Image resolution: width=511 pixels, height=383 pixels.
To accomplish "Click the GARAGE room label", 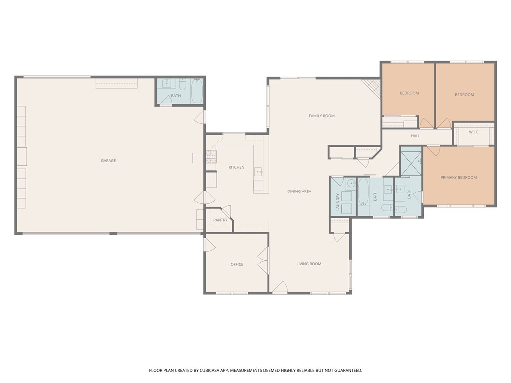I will point(108,161).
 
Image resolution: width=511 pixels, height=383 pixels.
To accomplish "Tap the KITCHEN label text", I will point(236,167).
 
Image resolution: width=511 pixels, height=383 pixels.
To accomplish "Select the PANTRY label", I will point(220,220).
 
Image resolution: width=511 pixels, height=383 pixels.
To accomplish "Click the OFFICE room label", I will point(237,264).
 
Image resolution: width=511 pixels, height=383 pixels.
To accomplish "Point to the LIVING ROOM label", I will point(309,264).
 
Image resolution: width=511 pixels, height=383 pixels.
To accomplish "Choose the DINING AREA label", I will point(299,191).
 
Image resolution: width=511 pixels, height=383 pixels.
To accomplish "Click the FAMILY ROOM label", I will point(321,116).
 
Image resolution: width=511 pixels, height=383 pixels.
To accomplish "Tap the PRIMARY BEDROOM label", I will point(458,177).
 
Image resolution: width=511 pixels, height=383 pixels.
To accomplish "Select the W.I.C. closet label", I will point(474,132).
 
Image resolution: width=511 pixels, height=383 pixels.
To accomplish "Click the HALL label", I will point(415,136).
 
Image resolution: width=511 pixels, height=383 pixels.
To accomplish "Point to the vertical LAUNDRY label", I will point(338,202).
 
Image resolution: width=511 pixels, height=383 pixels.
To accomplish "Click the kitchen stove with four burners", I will point(211,158).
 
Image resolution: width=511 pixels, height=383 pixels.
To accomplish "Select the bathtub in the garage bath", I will point(197,91).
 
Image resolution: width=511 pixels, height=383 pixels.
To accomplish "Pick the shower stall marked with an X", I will point(412,162).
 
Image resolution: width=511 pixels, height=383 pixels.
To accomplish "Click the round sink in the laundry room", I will point(350,183).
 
